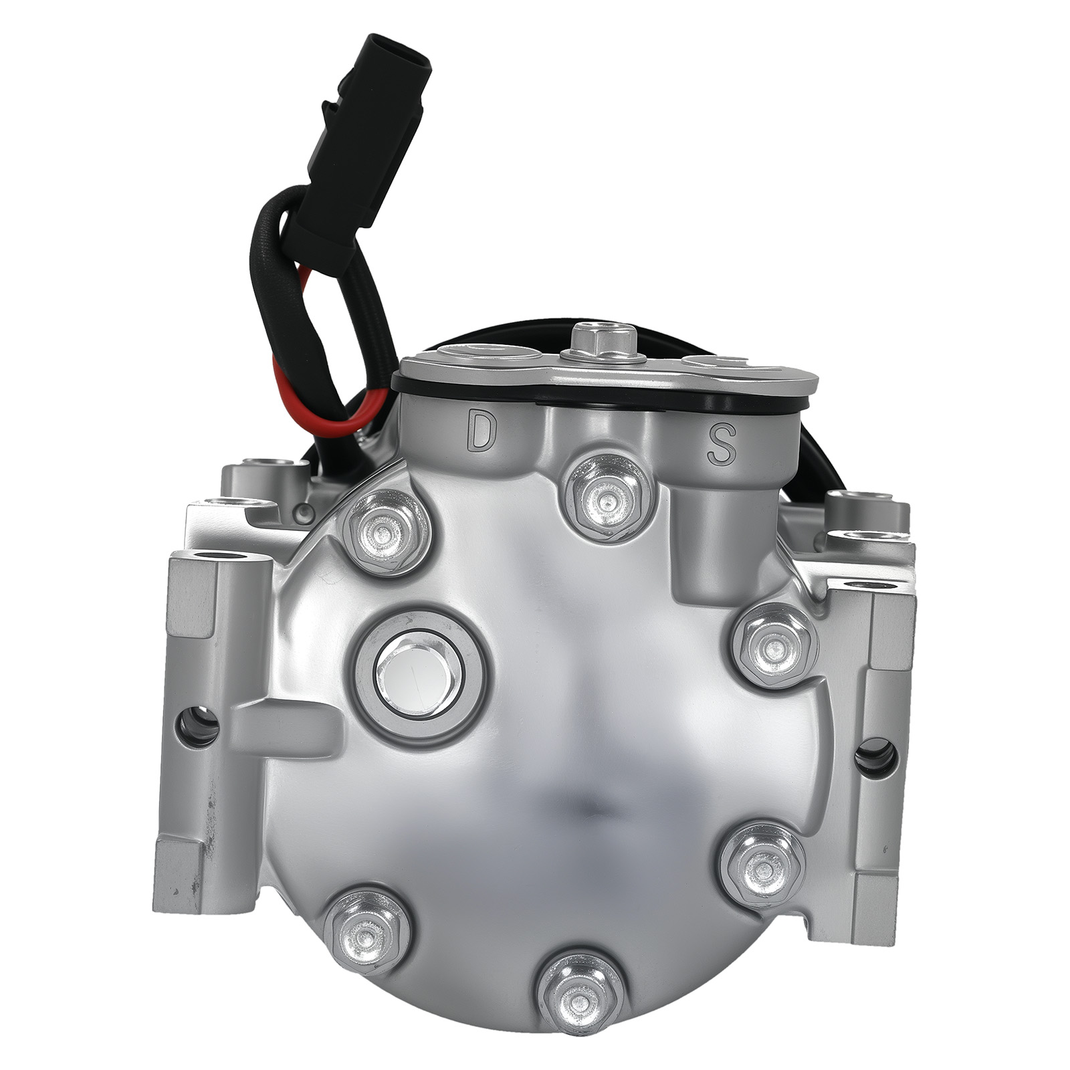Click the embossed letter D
[x=479, y=431]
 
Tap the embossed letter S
[x=721, y=443]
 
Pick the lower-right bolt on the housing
[x=762, y=867]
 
